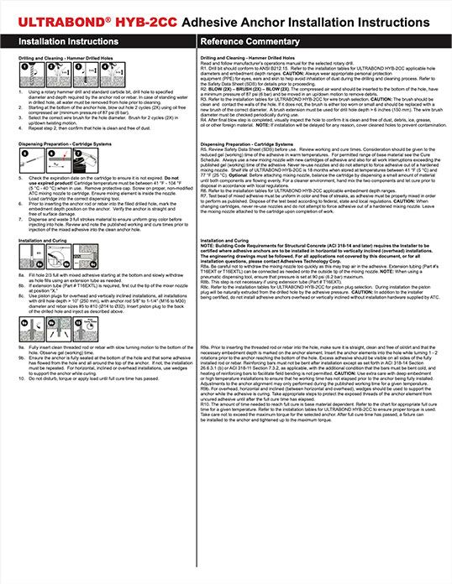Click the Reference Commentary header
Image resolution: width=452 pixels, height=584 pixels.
252,39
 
